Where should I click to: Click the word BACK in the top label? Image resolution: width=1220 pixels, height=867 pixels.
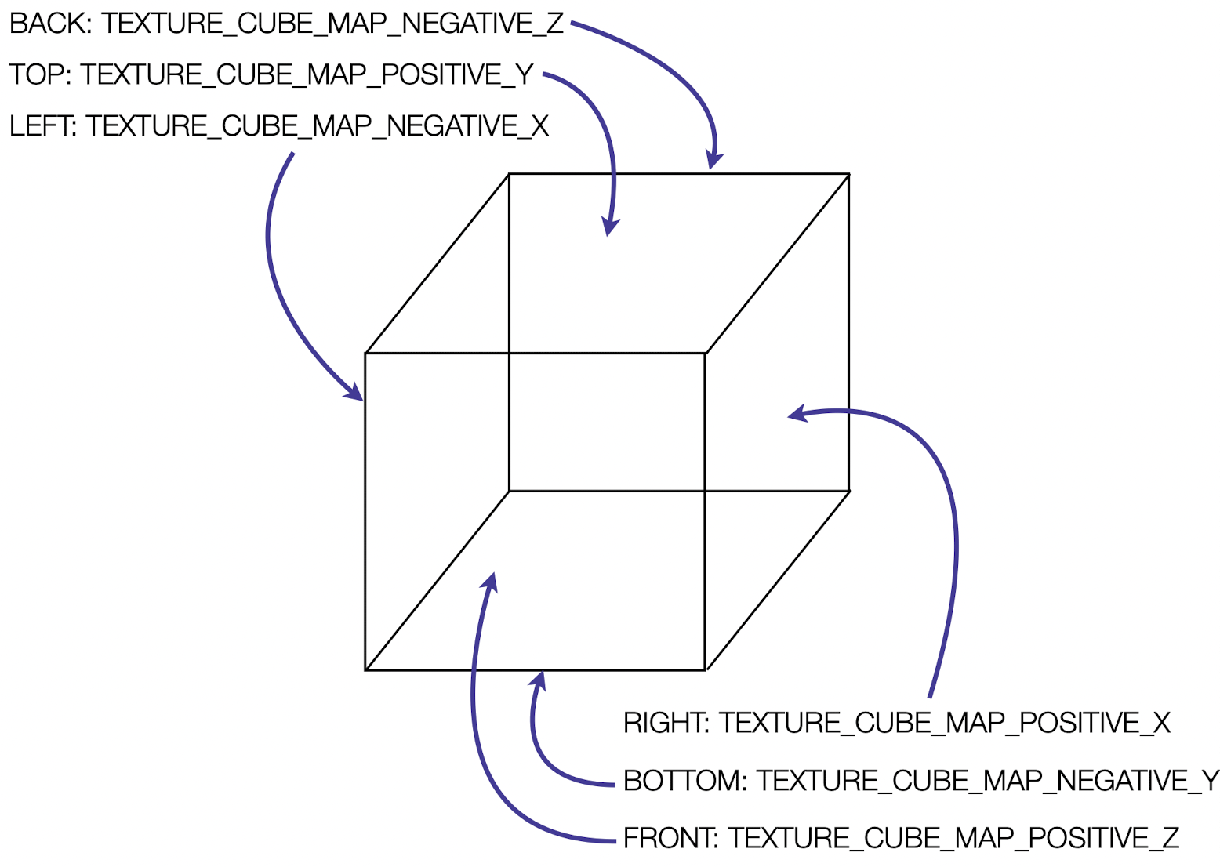(49, 24)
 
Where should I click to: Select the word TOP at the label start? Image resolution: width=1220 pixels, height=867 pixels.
(37, 74)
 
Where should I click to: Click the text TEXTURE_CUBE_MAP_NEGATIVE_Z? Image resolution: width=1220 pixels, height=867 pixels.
(332, 24)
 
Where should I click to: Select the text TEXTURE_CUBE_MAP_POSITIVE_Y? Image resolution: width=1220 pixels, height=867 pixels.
(307, 74)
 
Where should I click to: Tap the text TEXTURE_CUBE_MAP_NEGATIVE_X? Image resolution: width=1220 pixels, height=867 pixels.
(318, 125)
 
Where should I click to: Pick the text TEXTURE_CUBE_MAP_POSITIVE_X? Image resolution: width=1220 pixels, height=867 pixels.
(945, 723)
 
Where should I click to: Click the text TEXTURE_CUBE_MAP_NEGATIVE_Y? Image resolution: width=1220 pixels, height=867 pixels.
(987, 781)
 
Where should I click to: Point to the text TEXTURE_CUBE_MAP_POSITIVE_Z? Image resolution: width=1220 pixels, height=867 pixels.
(953, 838)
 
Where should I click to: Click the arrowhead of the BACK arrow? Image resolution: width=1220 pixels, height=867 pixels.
(713, 161)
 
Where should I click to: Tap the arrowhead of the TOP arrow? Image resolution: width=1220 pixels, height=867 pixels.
(610, 227)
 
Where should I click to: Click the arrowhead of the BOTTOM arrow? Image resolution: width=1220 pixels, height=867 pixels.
(539, 680)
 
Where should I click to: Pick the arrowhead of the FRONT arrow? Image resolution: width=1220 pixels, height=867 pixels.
(490, 581)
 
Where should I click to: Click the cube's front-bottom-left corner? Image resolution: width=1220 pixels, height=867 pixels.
(366, 670)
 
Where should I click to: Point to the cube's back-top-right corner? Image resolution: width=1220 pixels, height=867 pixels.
(849, 174)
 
